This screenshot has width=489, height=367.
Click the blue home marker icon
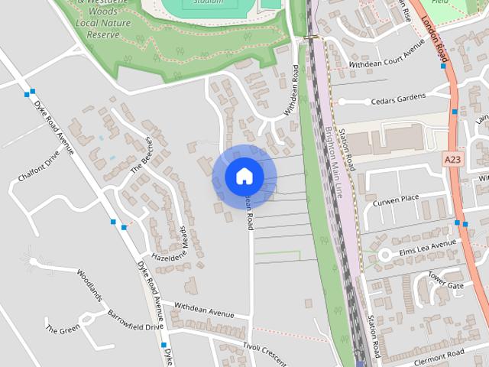[244, 176]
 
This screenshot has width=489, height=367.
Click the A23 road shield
[452, 158]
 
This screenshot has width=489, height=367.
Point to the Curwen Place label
[397, 200]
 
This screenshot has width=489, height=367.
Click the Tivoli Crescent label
[264, 349]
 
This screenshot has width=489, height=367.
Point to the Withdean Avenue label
[203, 309]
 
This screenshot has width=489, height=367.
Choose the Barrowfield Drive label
[135, 321]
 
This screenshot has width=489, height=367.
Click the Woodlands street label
[89, 284]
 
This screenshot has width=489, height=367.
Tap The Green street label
[63, 330]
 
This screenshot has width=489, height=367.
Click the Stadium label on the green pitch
[208, 2]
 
